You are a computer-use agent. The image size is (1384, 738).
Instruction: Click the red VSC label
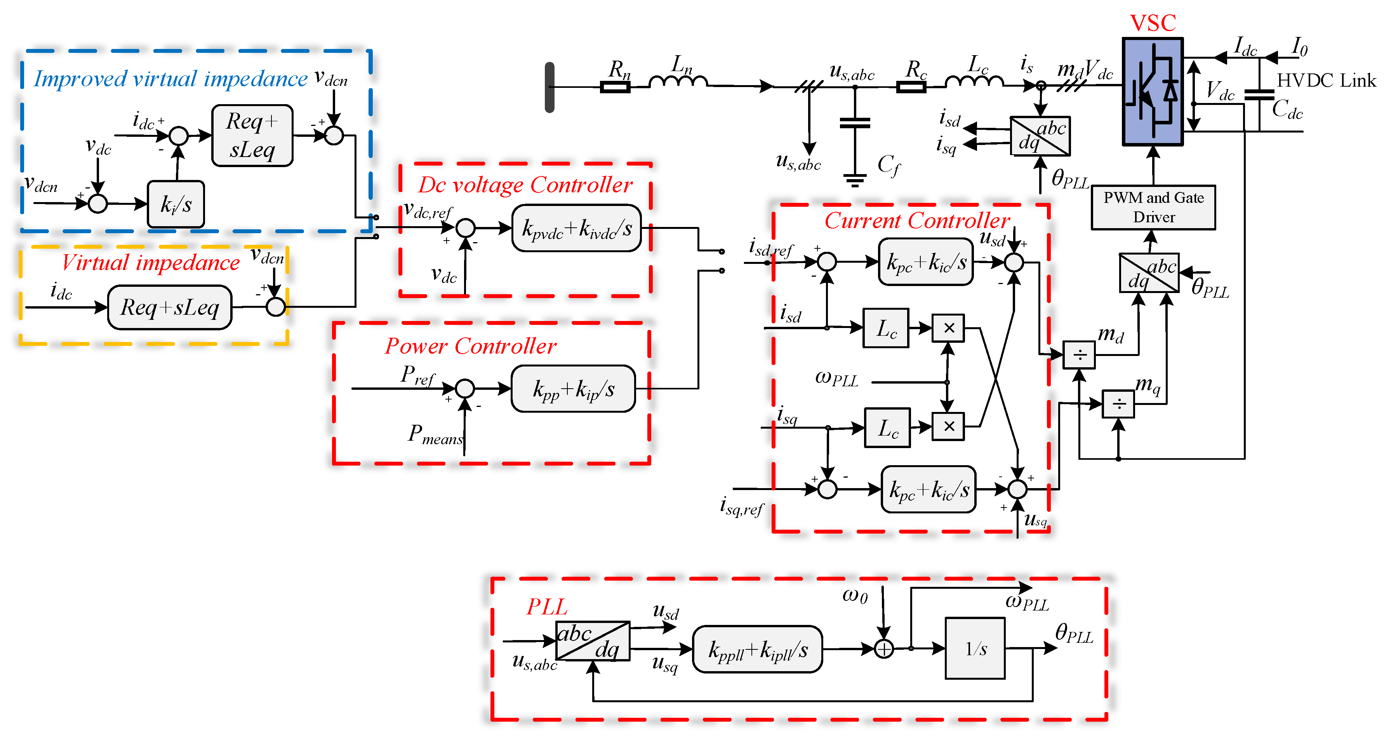point(1153,23)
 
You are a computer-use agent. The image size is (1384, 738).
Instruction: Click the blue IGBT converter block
point(1153,91)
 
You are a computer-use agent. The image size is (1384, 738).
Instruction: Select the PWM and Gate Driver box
point(1153,208)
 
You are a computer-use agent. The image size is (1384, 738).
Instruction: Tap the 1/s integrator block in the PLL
point(975,649)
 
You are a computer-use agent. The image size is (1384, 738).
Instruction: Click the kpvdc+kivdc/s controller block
point(577,229)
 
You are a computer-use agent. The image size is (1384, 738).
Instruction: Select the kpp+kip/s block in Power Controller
point(573,389)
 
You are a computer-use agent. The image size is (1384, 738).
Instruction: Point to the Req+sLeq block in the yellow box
point(169,307)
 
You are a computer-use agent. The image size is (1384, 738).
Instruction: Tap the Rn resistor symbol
point(615,87)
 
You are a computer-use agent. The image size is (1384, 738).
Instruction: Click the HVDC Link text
point(1326,80)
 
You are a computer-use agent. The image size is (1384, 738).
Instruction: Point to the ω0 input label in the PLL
point(854,595)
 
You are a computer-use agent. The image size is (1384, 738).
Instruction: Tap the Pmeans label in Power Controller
point(435,434)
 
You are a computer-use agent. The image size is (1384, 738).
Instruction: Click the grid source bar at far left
point(549,87)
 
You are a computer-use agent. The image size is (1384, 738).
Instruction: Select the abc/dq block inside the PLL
point(592,641)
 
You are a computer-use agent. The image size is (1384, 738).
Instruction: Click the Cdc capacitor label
point(1287,109)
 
